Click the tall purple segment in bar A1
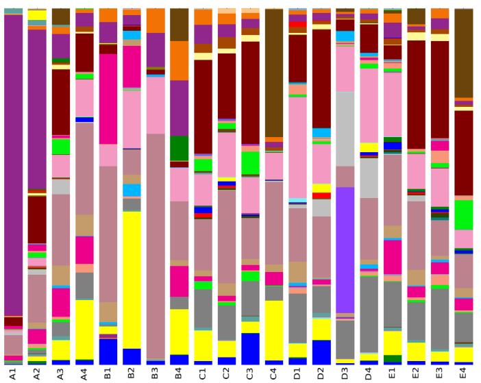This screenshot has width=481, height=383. pyautogui.click(x=13, y=164)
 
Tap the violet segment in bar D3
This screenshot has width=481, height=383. pyautogui.click(x=345, y=250)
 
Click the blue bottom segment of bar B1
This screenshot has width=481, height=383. pyautogui.click(x=108, y=351)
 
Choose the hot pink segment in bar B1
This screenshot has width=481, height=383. pyautogui.click(x=108, y=99)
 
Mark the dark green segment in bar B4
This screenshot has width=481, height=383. pyautogui.click(x=180, y=148)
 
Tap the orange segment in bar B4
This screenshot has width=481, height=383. pyautogui.click(x=180, y=60)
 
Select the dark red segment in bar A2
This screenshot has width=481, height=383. pyautogui.click(x=37, y=219)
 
